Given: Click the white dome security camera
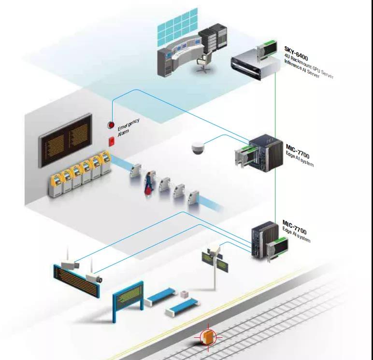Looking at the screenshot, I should coord(198,149).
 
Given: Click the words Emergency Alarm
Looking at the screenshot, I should coord(127,126).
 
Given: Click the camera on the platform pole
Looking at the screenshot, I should coord(213,250).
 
